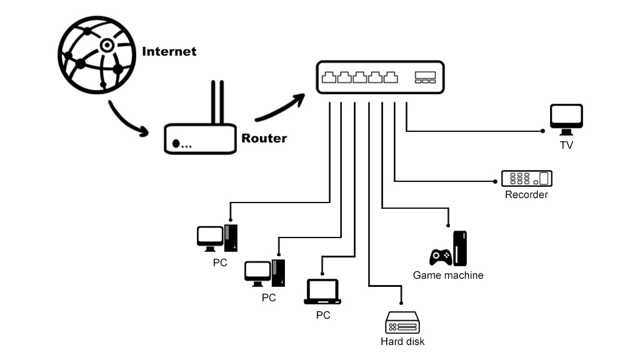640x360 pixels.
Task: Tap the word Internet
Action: click(x=169, y=51)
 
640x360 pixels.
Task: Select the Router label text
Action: click(x=264, y=138)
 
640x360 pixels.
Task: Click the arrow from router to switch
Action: click(x=279, y=107)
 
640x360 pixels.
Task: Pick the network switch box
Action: click(x=380, y=77)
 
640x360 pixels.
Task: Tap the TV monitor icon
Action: click(x=566, y=119)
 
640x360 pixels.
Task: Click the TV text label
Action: click(x=566, y=145)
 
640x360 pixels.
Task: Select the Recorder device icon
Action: click(x=527, y=178)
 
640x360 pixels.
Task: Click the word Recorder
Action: click(x=526, y=194)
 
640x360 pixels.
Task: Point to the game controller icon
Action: click(x=441, y=256)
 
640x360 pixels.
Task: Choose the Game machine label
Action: click(x=448, y=275)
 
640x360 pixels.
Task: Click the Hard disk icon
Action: click(x=402, y=324)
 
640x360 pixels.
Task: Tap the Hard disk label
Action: click(x=402, y=341)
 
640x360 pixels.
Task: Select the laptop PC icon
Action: click(x=322, y=292)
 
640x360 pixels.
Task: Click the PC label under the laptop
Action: click(x=323, y=315)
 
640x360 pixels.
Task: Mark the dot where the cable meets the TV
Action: click(x=542, y=131)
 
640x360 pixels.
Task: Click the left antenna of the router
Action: click(x=214, y=102)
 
